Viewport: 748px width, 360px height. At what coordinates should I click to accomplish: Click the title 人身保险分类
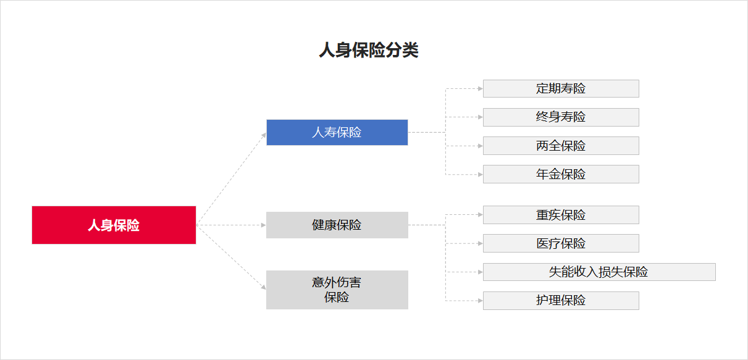pos(369,50)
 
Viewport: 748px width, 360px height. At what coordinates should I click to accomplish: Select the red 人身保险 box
pos(114,225)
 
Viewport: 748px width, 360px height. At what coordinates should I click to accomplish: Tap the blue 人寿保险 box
pos(337,132)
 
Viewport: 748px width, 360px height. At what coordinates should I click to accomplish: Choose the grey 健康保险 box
pos(337,225)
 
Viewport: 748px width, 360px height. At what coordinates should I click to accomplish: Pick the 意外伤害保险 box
pos(337,290)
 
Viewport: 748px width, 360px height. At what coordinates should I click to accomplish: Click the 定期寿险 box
pos(561,88)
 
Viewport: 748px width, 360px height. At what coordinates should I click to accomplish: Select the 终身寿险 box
pos(561,117)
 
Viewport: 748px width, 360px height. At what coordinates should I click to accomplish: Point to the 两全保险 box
pos(561,146)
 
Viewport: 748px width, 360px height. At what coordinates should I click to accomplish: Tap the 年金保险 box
pos(561,174)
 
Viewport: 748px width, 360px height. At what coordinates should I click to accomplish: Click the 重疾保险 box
pos(561,215)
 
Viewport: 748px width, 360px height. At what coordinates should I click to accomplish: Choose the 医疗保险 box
pos(561,243)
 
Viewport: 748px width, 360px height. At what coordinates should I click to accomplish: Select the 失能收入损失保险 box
pos(599,272)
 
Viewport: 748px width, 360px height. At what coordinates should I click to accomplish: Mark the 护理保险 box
pos(561,301)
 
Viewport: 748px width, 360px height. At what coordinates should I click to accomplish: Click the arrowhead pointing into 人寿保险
pos(264,135)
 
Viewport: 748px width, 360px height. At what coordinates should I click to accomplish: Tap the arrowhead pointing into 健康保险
pos(264,225)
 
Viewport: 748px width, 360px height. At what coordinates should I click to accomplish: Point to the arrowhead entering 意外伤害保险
pos(264,287)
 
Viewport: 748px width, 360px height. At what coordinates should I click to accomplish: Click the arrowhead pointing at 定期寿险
pos(481,88)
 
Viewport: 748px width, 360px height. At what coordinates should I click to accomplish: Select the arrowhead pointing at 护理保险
pos(481,301)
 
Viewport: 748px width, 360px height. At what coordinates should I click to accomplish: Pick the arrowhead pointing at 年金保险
pos(481,174)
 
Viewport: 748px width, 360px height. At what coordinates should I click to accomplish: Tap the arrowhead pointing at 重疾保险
pos(481,214)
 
